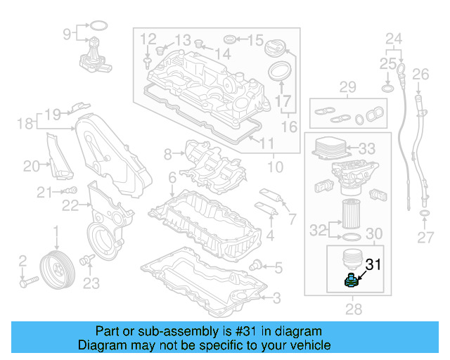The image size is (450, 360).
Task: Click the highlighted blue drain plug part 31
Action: point(351,281)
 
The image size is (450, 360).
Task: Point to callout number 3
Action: point(276,298)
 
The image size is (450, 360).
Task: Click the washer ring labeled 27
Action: point(425,212)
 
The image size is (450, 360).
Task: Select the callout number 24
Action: point(394,37)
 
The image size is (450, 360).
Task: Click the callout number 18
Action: point(23,124)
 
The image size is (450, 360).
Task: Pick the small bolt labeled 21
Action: point(70,191)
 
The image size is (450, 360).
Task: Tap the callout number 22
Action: point(69,205)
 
